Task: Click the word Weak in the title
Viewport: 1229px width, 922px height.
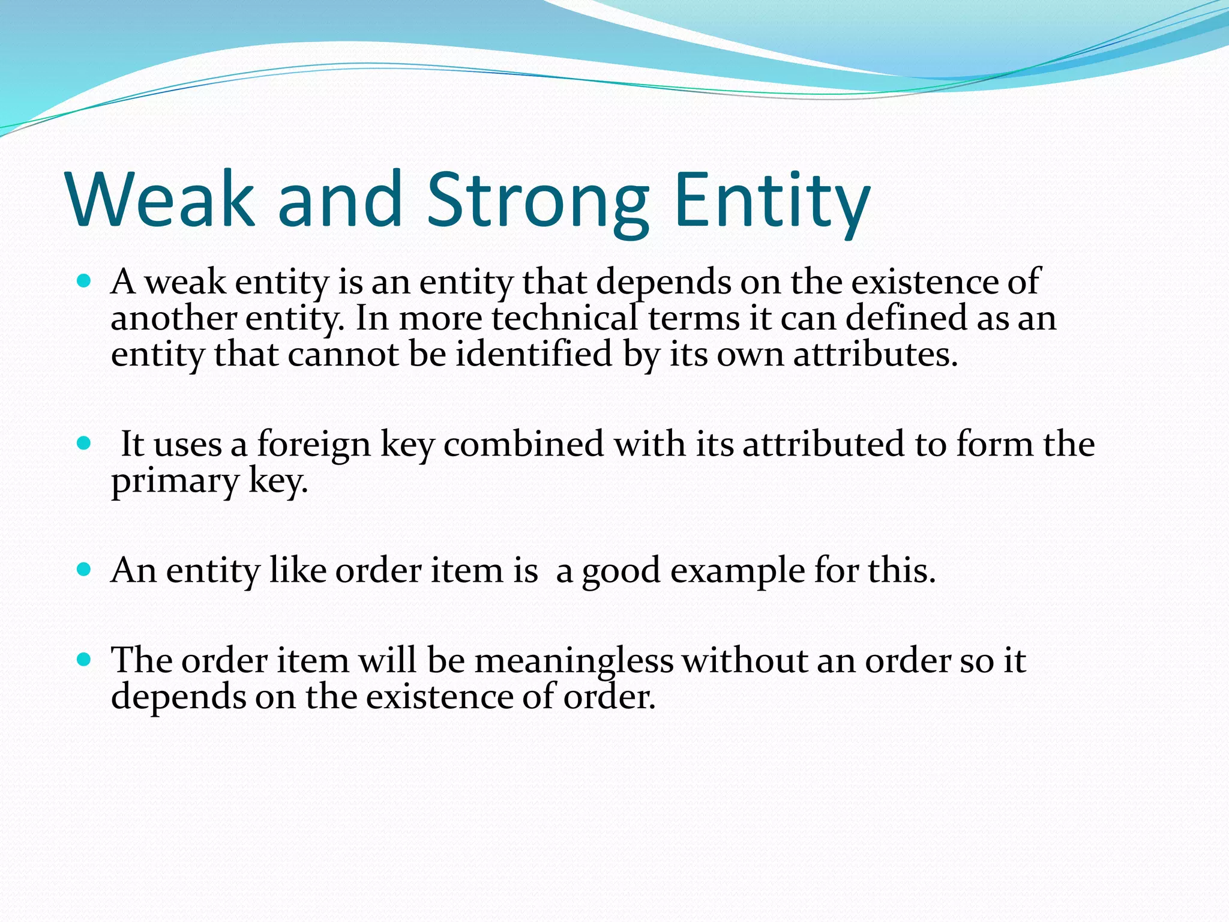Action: [x=161, y=199]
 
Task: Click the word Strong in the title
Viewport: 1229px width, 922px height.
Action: [x=538, y=199]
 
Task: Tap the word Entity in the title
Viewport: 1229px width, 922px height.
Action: [x=772, y=199]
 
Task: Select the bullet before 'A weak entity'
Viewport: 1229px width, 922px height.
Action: [x=84, y=280]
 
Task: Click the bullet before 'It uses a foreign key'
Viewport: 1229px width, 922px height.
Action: [x=84, y=444]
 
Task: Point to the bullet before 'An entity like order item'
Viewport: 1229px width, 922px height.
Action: [x=84, y=569]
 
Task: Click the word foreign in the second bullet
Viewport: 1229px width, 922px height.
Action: [x=314, y=445]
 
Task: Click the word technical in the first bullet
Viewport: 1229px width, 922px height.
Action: [x=564, y=318]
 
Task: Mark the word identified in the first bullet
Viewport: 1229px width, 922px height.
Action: [x=534, y=354]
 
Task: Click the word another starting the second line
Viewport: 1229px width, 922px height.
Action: [x=173, y=318]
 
